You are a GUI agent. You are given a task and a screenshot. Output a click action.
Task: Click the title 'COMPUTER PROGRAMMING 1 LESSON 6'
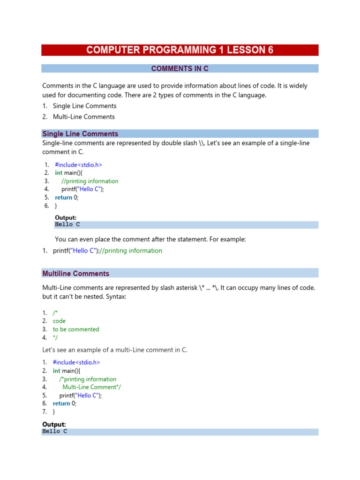tap(180, 50)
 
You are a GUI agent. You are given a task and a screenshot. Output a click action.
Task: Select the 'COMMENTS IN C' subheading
tap(180, 68)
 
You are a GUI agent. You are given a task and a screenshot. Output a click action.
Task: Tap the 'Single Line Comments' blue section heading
tap(80, 134)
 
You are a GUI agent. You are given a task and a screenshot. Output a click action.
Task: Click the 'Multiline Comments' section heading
tap(75, 273)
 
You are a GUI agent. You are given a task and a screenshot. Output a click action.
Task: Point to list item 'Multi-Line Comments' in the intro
tap(83, 117)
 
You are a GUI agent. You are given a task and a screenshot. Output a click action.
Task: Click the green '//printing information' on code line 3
tap(90, 181)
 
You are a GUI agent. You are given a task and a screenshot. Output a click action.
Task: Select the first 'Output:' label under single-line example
tap(66, 217)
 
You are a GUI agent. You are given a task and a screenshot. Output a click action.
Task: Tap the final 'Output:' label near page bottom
tap(54, 424)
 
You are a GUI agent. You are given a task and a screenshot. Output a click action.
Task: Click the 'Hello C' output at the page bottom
tap(55, 431)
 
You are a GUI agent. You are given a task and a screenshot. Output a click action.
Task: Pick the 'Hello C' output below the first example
tap(67, 225)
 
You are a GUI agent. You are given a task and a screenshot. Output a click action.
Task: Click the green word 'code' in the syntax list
tap(59, 321)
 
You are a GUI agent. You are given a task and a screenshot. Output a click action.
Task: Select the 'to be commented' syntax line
tap(76, 329)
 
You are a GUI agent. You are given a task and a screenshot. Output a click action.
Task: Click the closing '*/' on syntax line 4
tap(55, 337)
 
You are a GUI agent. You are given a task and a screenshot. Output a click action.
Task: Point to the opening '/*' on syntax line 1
tap(55, 313)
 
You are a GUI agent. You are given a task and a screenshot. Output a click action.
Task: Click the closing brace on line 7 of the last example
tap(54, 412)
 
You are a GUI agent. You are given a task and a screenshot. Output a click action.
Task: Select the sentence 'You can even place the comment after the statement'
tap(150, 239)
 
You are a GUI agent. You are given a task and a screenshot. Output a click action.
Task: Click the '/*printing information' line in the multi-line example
tap(88, 379)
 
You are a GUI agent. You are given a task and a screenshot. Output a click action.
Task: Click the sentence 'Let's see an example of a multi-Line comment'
tap(115, 350)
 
